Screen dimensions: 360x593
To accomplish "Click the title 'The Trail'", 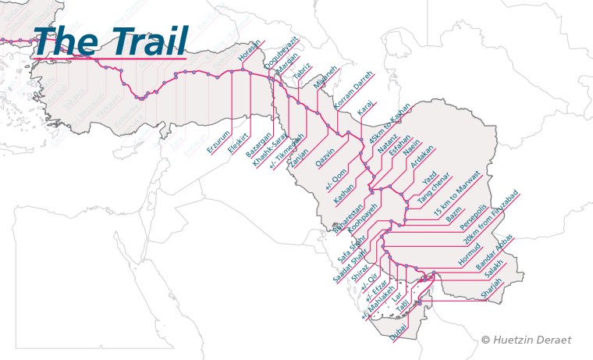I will click(x=110, y=41).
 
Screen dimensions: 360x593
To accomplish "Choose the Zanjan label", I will click(x=299, y=153).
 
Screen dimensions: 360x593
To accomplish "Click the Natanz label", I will click(x=388, y=143).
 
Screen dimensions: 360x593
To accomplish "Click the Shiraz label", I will click(x=360, y=269).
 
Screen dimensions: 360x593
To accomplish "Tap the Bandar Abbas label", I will click(x=495, y=252).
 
